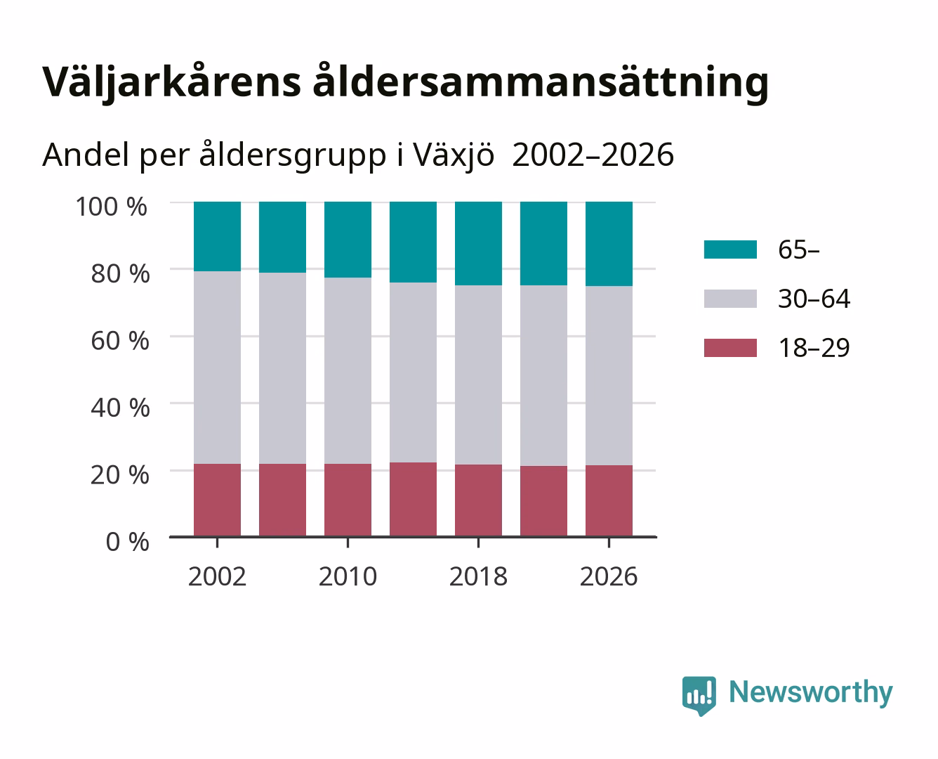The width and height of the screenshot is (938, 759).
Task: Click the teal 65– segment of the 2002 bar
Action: tap(217, 237)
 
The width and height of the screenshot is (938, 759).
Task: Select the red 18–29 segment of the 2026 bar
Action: tap(609, 500)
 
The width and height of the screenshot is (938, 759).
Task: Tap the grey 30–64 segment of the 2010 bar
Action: tap(348, 370)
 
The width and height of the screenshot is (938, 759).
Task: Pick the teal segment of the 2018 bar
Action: tap(478, 244)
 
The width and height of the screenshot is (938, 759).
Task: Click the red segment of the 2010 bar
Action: tap(348, 500)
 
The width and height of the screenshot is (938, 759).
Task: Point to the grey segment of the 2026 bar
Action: tap(609, 375)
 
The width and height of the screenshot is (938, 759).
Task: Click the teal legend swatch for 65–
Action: tap(730, 249)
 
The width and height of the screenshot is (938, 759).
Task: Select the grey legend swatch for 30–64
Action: tap(730, 299)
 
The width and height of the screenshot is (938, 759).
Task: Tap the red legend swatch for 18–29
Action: tap(730, 348)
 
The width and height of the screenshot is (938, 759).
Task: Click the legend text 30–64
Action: tap(814, 299)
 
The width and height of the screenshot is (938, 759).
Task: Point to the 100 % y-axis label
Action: tap(112, 207)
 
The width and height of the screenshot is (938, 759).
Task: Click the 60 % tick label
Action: tap(120, 341)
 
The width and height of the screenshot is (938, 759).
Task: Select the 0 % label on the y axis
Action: tap(127, 542)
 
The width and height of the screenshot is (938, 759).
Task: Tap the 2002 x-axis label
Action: tap(217, 576)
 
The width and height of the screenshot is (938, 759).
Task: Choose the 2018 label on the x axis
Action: tap(478, 576)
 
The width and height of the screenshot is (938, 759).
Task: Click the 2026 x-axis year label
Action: tap(609, 576)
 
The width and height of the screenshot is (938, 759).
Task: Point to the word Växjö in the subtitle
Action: tap(454, 155)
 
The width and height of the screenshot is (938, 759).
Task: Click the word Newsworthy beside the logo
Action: tap(811, 693)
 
